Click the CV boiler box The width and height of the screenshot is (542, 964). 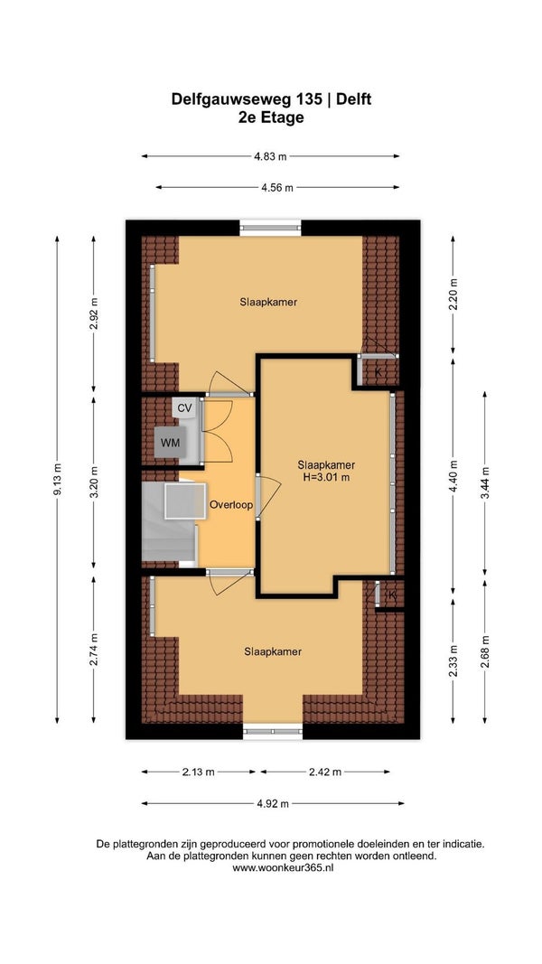pos(185,407)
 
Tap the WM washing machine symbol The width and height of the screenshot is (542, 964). pos(170,442)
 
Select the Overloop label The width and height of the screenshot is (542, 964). pos(231,505)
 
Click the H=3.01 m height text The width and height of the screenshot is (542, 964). pos(326,477)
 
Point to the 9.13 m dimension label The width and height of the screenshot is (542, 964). pos(57,479)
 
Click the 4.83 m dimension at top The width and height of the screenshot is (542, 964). pos(270,156)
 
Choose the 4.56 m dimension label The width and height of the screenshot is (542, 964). pos(277,188)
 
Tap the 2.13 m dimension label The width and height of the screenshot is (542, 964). pos(198,772)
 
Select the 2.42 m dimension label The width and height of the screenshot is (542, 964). pos(325,772)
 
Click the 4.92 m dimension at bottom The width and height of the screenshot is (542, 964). pos(273,803)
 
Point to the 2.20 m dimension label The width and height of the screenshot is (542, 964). pos(453,295)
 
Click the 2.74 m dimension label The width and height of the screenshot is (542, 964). pos(93,650)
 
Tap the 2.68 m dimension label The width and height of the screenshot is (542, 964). pos(485,651)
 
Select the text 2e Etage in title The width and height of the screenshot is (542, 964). pos(271,117)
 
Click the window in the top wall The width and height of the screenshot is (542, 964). pos(270,228)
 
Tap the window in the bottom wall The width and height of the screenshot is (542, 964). pos(273,731)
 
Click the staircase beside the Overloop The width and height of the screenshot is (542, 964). pos(170,521)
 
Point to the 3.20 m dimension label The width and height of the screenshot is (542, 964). pos(93,482)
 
